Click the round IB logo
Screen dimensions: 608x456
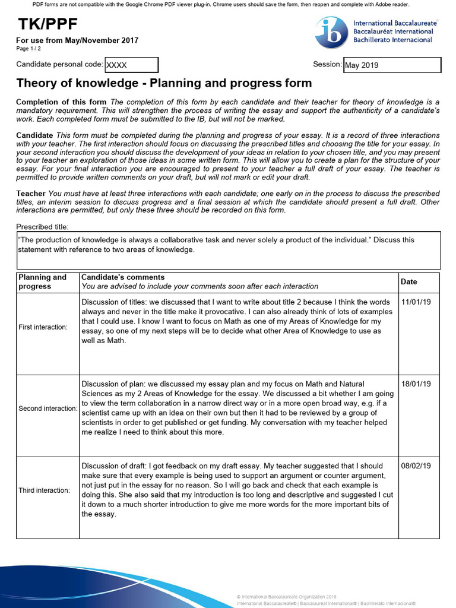tap(332, 33)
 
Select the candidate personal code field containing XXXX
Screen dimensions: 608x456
tap(131, 65)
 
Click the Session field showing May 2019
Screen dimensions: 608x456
tap(392, 65)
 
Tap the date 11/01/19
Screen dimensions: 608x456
tap(416, 302)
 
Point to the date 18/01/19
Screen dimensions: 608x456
tap(416, 385)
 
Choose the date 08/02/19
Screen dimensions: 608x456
tap(417, 467)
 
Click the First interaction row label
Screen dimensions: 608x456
tap(43, 327)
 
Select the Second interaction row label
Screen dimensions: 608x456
tap(47, 408)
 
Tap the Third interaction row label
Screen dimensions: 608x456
tap(44, 490)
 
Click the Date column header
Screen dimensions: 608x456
tap(409, 282)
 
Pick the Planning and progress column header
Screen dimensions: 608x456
tap(43, 282)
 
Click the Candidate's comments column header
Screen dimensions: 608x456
tap(123, 277)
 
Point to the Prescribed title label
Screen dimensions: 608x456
tap(43, 227)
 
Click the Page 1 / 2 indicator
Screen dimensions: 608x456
tap(28, 49)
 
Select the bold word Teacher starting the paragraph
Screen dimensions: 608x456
tap(31, 194)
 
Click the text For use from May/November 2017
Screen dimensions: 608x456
tap(77, 40)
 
